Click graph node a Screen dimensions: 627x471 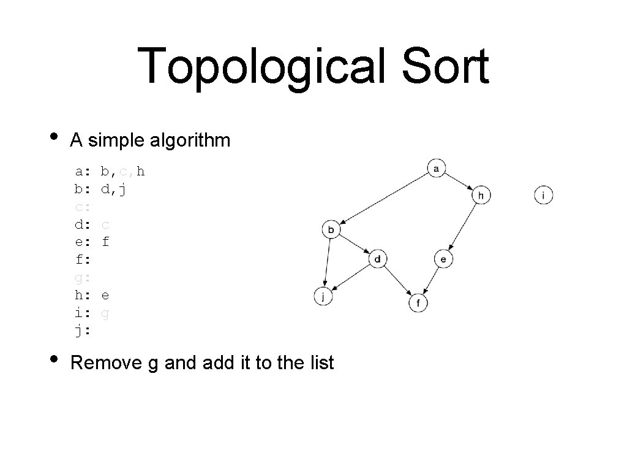pos(437,167)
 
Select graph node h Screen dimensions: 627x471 pos(481,195)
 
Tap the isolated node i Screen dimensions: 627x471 pos(544,195)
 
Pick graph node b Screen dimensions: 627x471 pos(331,230)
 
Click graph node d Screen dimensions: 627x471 pos(378,259)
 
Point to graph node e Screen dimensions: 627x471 pos(444,259)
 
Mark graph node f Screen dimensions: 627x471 pos(418,303)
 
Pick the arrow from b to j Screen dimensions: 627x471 pos(327,262)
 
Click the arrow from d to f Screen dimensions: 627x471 pos(398,281)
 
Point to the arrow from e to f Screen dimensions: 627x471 pos(432,280)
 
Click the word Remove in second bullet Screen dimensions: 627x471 pos(106,362)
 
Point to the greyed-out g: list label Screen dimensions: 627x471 pos(83,277)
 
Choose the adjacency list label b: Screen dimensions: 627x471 pos(83,188)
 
